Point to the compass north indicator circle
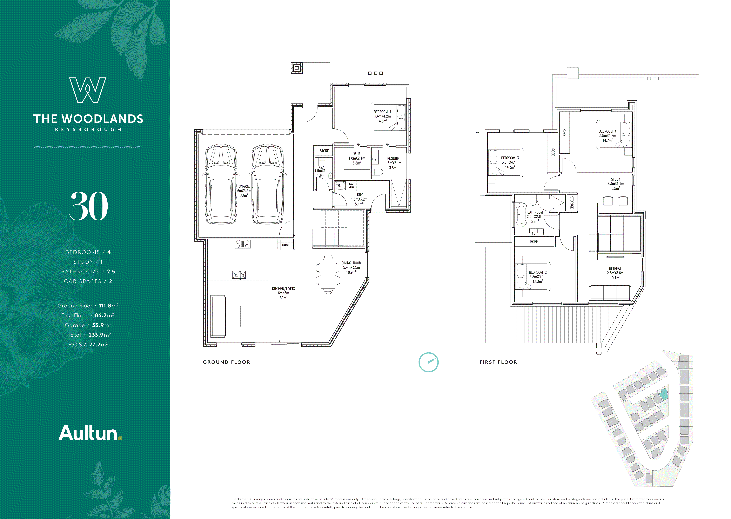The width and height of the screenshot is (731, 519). pyautogui.click(x=428, y=362)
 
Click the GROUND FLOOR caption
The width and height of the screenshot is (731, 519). pyautogui.click(x=227, y=362)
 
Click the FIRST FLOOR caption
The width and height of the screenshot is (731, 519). pyautogui.click(x=498, y=362)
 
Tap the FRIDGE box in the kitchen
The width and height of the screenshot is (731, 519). pyautogui.click(x=286, y=245)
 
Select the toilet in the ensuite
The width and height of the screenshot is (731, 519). pyautogui.click(x=378, y=172)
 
